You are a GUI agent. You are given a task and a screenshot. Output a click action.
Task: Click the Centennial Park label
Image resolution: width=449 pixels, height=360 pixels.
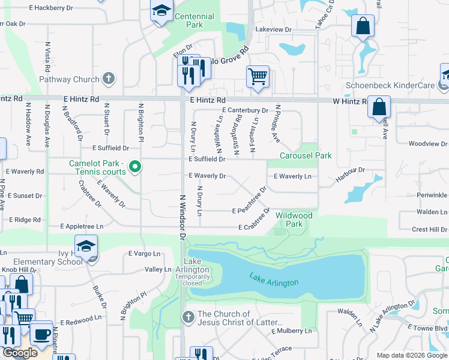click(x=194, y=21)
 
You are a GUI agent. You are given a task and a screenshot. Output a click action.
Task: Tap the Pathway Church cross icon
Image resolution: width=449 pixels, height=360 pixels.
click(x=108, y=79)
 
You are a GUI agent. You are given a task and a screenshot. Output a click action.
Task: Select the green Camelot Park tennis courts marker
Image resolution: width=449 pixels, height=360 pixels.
click(x=136, y=167)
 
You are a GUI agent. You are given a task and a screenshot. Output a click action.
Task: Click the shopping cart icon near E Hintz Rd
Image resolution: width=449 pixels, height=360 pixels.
click(x=258, y=76)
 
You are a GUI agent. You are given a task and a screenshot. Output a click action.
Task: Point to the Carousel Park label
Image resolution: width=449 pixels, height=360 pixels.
click(x=306, y=155)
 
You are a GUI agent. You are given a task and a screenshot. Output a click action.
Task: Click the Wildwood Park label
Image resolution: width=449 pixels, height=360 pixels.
click(x=294, y=220)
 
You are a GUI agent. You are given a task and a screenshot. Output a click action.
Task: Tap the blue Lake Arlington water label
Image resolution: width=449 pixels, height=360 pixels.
click(x=274, y=278)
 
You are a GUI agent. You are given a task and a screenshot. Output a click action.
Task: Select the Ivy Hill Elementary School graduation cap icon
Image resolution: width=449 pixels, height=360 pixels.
click(x=86, y=246)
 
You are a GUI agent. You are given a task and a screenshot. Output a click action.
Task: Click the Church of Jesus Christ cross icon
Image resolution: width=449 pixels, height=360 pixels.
click(x=188, y=316)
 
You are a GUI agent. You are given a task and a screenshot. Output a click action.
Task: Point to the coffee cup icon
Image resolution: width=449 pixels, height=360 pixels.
click(x=41, y=333)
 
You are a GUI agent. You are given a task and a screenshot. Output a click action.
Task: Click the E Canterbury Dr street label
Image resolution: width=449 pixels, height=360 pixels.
click(x=245, y=110)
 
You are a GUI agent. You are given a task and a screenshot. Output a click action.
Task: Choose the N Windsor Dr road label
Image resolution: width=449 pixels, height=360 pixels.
click(x=181, y=216)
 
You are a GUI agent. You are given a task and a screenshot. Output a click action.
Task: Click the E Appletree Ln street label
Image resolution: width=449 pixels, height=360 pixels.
click(x=82, y=227)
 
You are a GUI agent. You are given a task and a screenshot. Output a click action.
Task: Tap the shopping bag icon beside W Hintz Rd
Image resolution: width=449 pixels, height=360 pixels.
click(x=379, y=107)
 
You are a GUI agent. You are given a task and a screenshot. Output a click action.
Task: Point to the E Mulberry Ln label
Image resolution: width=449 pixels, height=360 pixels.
click(x=292, y=331)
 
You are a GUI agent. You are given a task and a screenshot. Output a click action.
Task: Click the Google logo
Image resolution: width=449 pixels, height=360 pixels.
click(x=20, y=353)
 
